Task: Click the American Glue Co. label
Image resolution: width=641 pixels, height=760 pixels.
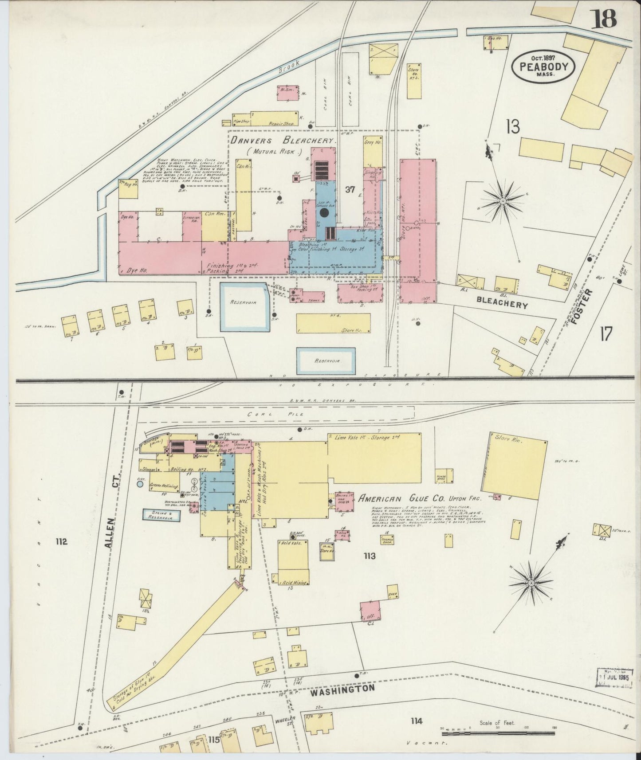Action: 403,498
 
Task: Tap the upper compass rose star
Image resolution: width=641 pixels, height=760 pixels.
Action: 503,201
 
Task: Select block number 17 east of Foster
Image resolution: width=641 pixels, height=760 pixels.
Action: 606,334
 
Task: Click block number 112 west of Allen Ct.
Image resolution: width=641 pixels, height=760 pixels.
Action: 61,541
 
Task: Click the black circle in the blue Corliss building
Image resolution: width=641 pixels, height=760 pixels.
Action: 324,213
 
